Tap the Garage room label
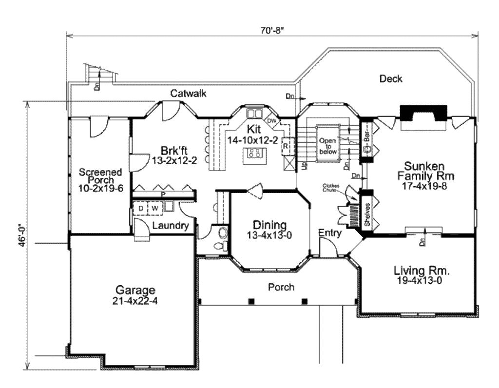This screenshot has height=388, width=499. coord(135,295)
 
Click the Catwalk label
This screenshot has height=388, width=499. coord(188,94)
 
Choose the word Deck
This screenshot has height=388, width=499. coord(391,78)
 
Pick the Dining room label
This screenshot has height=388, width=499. coord(269,230)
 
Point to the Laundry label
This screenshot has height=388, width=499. coord(170,226)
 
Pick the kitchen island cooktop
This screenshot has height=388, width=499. coord(254,154)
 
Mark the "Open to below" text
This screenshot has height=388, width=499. coord(328,145)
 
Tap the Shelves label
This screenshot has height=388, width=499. coord(366,214)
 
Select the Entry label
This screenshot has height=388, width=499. coord(330,233)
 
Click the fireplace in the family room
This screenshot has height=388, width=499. coord(423,116)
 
